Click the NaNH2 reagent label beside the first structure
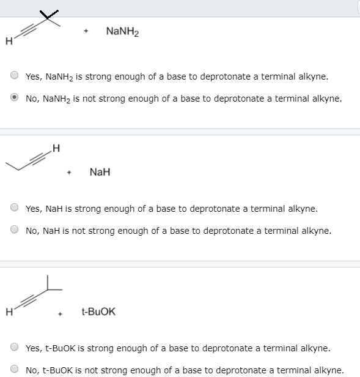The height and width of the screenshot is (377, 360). pyautogui.click(x=122, y=31)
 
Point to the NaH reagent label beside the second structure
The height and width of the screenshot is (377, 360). pyautogui.click(x=100, y=172)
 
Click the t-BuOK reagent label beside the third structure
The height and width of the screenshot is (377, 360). pyautogui.click(x=98, y=312)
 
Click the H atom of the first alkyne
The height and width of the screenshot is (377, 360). pyautogui.click(x=7, y=42)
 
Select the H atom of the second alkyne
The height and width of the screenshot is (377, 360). pyautogui.click(x=56, y=147)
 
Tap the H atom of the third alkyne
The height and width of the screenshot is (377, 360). pyautogui.click(x=7, y=310)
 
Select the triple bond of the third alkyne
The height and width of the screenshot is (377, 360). pyautogui.click(x=28, y=300)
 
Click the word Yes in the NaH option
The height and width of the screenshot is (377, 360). pyautogui.click(x=33, y=209)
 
